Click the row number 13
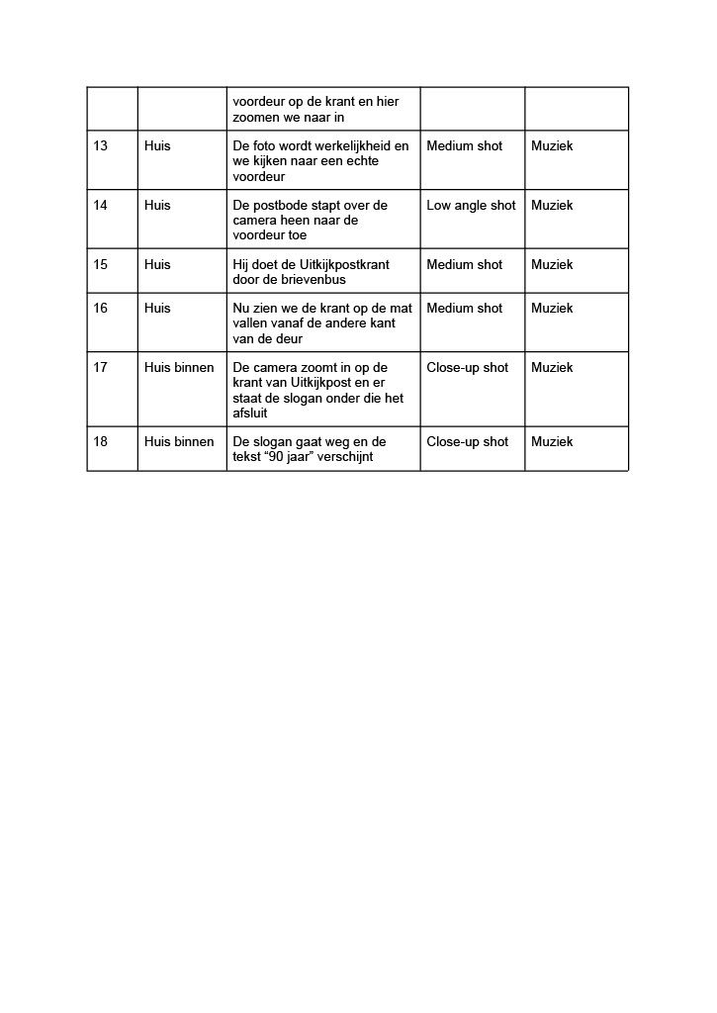101,146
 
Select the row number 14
101,206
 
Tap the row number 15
101,265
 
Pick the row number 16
101,309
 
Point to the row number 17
101,368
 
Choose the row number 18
101,442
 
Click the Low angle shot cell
471,206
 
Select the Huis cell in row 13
157,146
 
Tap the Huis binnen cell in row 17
179,368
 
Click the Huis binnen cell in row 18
179,442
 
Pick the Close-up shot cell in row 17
467,368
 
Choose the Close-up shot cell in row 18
467,442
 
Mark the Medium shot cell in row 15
464,265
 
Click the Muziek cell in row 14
552,206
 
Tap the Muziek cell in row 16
552,309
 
